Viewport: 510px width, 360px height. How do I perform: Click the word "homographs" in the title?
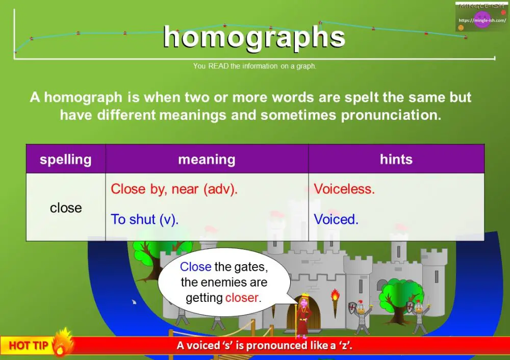(254, 38)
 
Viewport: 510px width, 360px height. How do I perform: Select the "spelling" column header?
(65, 160)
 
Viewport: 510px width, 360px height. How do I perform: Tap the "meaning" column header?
(207, 160)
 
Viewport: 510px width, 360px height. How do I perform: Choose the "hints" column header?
(396, 160)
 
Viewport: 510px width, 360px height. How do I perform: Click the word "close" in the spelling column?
(66, 208)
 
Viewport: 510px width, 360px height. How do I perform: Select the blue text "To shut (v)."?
(144, 220)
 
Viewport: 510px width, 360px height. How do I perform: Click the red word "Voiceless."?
(344, 189)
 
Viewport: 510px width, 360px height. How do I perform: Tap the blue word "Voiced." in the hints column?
(336, 220)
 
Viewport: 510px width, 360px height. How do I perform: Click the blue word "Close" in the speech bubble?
(195, 267)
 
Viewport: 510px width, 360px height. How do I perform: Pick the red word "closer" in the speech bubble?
(243, 298)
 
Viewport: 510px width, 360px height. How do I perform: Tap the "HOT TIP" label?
(29, 346)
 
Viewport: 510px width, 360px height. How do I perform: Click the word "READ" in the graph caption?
(218, 66)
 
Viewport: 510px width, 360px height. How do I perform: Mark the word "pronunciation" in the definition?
(390, 115)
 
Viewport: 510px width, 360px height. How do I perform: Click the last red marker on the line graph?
(466, 37)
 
